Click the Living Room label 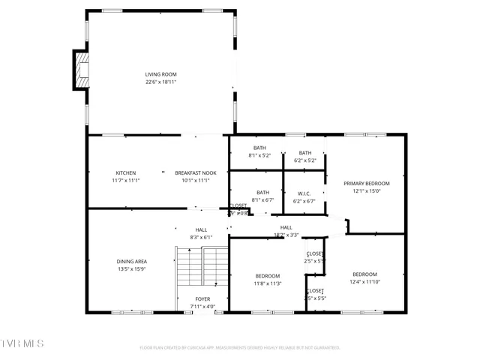pos(161,74)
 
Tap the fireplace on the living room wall pos(80,69)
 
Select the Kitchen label pos(125,172)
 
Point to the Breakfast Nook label pos(195,172)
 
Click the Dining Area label pos(131,261)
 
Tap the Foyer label pos(203,298)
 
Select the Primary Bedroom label pos(366,183)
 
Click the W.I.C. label pos(304,193)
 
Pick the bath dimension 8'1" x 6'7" pos(262,200)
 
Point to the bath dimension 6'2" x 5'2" pos(304,160)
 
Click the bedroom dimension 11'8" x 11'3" pos(267,283)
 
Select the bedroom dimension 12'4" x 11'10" pos(364,282)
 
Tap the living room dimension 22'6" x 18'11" pos(161,82)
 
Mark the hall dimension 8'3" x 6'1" pos(201,237)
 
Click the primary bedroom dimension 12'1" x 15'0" pos(366,190)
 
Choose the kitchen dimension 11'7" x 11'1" pos(125,180)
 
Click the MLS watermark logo pos(22,343)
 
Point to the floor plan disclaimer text pos(240,347)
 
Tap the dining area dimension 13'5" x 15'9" pos(131,268)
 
